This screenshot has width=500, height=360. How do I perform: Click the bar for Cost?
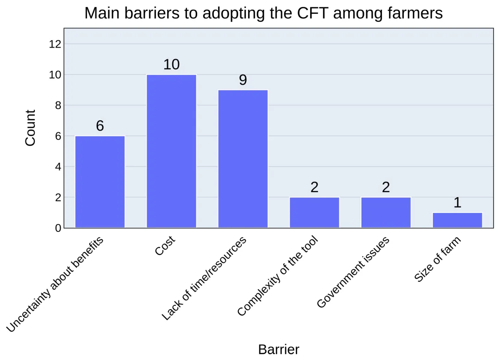tap(171, 151)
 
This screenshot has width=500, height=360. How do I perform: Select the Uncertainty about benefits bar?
tap(100, 181)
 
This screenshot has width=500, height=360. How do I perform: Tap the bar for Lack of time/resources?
tap(243, 159)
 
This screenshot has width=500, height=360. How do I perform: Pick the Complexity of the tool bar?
tap(314, 212)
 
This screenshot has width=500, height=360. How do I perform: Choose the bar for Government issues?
tap(386, 212)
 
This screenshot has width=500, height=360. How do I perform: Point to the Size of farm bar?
tap(457, 220)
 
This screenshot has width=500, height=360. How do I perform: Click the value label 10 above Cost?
tap(171, 65)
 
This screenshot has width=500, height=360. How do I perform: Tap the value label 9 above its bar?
tap(243, 80)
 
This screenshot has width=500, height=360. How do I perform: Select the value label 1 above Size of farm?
tap(457, 203)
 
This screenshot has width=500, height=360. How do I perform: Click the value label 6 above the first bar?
tap(100, 126)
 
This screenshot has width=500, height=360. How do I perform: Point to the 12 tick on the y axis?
tap(55, 44)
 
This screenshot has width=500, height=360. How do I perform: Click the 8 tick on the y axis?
tap(58, 106)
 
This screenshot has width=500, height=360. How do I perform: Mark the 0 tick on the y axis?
tap(58, 228)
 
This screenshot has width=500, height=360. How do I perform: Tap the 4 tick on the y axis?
tap(58, 167)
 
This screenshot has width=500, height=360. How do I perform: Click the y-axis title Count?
tap(30, 128)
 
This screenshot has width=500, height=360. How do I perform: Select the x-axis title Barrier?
tap(279, 349)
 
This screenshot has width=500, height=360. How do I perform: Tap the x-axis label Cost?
tap(166, 246)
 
